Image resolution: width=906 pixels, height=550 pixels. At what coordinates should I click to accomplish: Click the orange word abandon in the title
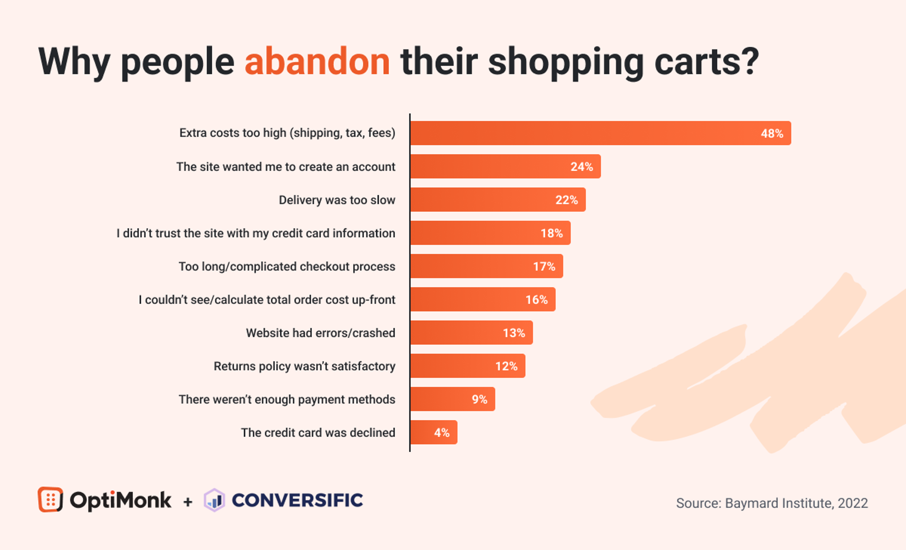[317, 62]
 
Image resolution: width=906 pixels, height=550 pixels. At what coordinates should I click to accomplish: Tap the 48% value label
[772, 133]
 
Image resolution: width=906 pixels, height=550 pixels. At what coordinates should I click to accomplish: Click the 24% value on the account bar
[581, 167]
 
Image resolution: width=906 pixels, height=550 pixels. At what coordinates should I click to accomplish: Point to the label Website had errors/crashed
[320, 333]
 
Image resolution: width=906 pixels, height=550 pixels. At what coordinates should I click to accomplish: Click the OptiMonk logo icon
[50, 499]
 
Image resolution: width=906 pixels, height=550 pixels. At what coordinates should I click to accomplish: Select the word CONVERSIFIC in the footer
[297, 500]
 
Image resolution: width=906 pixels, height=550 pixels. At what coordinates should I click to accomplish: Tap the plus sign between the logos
[188, 501]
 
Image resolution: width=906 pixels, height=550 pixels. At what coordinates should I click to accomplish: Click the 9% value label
[479, 399]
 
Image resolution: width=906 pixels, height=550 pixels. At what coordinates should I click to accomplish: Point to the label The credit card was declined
[318, 433]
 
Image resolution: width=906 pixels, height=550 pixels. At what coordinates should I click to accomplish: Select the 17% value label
[544, 266]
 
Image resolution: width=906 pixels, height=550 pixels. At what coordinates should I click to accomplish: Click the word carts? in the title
[706, 62]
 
